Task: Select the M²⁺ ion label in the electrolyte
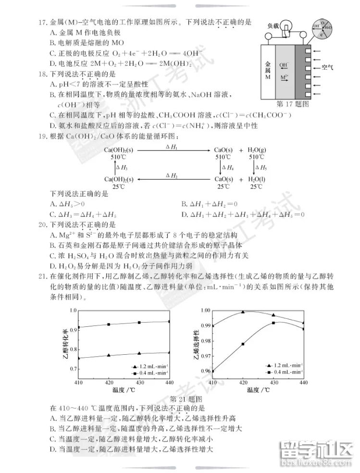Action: click(284, 77)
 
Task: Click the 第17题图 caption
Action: click(292, 103)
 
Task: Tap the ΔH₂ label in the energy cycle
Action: click(172, 175)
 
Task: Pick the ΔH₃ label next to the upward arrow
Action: click(124, 167)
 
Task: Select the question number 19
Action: click(41, 137)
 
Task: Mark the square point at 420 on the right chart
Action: click(243, 344)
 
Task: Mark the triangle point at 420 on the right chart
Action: click(243, 312)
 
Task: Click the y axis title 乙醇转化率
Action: click(64, 343)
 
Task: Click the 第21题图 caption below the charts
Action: click(186, 398)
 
